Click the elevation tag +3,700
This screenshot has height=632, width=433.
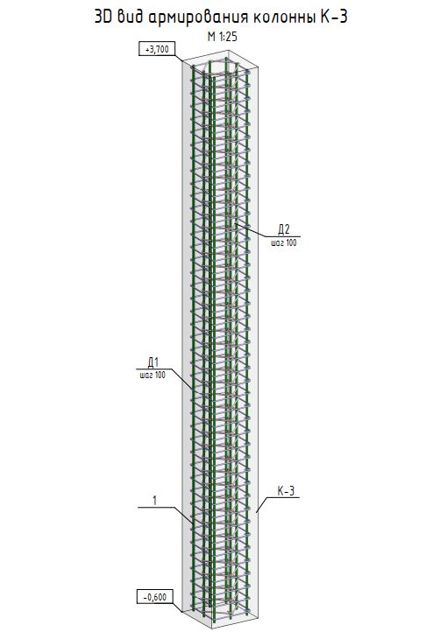(153, 49)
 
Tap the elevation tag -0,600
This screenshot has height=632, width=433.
(154, 597)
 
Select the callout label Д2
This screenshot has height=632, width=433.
(284, 229)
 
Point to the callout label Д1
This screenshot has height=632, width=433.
(153, 362)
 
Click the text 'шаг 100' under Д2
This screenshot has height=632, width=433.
(284, 243)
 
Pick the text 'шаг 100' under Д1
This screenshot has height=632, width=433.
(153, 376)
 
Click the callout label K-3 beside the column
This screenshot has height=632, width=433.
(286, 491)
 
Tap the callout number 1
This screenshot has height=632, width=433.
(154, 501)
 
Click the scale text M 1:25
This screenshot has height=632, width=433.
(222, 37)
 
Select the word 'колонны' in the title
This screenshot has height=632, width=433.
(283, 18)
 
